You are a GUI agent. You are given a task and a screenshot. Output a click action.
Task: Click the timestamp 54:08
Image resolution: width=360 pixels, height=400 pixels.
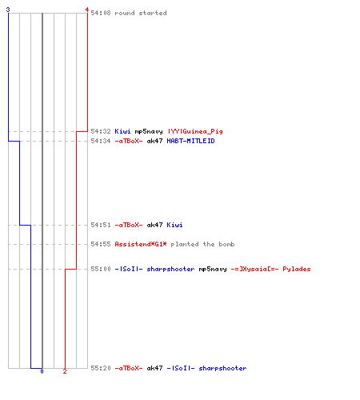(101, 13)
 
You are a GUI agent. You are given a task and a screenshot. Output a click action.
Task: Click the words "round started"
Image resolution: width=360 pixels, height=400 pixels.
(141, 13)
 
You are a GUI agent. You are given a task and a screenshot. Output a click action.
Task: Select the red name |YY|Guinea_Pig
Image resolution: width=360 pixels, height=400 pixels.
(195, 131)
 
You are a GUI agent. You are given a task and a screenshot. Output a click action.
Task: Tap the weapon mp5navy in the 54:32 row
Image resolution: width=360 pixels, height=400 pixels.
(149, 132)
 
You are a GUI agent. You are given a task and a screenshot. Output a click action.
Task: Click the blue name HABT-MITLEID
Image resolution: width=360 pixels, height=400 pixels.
(190, 141)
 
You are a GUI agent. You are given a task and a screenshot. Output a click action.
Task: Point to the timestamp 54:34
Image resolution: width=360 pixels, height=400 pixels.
(101, 141)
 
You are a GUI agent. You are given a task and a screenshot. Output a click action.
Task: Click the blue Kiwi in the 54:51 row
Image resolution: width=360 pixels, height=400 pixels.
(174, 225)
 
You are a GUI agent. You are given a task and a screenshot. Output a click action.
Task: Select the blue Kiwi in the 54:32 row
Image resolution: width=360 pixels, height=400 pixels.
(122, 131)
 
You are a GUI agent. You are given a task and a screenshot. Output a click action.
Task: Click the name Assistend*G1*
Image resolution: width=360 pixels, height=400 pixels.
(141, 244)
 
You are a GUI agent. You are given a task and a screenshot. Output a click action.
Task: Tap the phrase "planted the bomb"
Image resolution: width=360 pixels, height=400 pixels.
(202, 244)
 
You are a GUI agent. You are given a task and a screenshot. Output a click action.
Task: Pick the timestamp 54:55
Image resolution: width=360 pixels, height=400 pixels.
(101, 244)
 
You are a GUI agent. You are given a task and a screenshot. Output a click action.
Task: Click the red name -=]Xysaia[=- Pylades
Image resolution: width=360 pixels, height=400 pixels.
(270, 269)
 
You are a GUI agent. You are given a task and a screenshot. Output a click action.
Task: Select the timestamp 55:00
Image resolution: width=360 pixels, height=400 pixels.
(101, 269)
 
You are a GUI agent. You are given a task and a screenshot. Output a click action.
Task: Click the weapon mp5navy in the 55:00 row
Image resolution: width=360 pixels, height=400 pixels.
(213, 270)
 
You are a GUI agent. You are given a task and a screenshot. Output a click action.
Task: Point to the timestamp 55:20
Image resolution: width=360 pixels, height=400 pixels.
(101, 368)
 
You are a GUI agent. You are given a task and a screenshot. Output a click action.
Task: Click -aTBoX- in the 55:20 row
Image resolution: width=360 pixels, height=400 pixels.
(129, 368)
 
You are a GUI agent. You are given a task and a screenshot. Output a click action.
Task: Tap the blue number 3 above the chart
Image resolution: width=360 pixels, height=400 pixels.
(8, 10)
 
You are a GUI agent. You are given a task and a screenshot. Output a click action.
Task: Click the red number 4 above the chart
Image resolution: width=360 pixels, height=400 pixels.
(87, 10)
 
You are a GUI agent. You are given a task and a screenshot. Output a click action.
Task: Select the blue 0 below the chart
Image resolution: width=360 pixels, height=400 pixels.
(42, 371)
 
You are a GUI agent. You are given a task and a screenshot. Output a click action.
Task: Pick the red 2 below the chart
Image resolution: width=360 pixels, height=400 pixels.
(65, 371)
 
